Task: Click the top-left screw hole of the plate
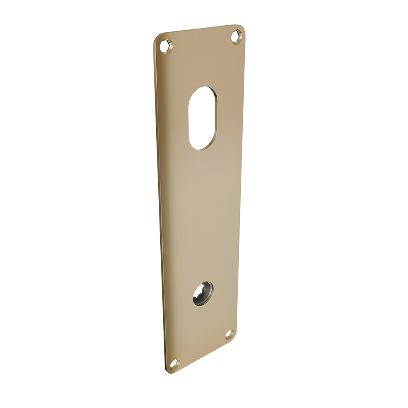[166, 45]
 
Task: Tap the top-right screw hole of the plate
[237, 37]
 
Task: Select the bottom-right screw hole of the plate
[230, 334]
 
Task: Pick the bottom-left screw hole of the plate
[175, 362]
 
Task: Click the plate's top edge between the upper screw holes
[200, 29]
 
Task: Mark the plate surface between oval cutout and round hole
[202, 216]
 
